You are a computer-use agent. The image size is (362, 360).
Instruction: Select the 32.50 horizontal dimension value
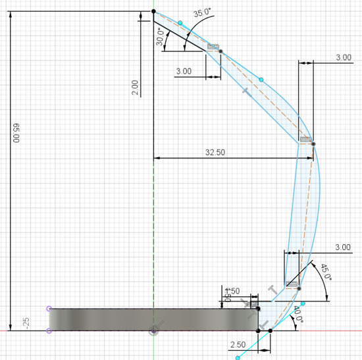(215, 152)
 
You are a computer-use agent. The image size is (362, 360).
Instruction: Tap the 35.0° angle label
(202, 13)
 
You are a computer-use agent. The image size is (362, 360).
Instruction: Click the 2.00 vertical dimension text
(135, 88)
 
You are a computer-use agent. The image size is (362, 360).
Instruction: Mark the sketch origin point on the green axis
(153, 330)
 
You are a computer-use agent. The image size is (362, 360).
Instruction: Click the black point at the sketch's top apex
(153, 11)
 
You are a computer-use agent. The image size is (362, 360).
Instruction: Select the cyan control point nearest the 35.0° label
(180, 23)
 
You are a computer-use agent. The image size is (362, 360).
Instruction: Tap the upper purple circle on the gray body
(49, 308)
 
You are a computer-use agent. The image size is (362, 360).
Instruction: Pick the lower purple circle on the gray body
(49, 330)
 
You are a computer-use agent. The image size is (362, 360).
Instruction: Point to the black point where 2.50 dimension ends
(271, 330)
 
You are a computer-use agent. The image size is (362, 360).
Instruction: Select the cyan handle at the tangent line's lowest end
(237, 357)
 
